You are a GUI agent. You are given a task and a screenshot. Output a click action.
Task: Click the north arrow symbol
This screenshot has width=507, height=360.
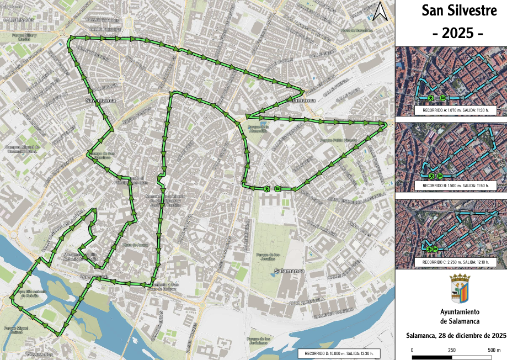point(380,12)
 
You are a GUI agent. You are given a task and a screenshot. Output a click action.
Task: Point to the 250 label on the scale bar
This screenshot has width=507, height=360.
point(451,350)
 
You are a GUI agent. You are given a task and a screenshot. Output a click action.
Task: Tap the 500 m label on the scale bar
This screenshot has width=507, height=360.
point(494,350)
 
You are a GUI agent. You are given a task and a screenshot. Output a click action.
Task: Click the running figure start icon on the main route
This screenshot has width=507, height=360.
point(266,189)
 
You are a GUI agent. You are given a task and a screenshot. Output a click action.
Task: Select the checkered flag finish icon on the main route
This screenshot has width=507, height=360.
point(277,189)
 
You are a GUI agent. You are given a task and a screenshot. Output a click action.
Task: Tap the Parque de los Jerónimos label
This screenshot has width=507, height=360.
point(259,340)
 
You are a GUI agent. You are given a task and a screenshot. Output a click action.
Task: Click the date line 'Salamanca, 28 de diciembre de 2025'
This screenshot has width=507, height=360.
point(456,335)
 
